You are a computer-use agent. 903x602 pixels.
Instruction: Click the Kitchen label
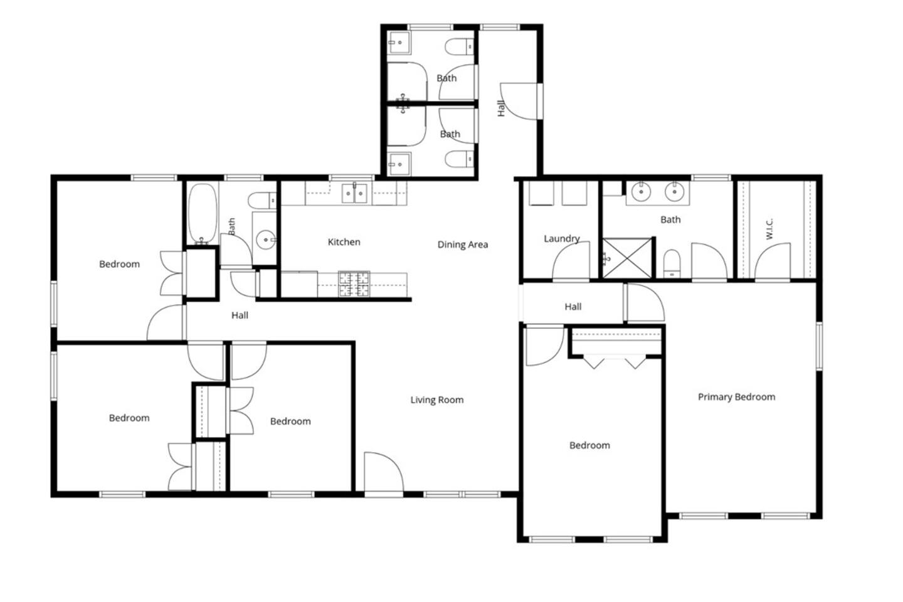(344, 242)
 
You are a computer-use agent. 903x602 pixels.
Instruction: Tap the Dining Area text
(463, 245)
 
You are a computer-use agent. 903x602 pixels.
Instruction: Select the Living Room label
(437, 399)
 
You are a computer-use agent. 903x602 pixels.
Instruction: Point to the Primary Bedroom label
(736, 397)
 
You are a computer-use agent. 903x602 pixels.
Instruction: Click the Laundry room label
(562, 239)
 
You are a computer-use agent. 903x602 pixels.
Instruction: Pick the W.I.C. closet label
(769, 229)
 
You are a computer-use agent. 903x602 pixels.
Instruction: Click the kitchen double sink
(354, 194)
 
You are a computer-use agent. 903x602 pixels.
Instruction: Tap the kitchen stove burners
(354, 284)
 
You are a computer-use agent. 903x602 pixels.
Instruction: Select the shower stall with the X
(627, 258)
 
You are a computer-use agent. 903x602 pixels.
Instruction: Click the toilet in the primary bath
(672, 264)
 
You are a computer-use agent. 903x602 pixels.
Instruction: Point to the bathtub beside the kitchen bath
(203, 214)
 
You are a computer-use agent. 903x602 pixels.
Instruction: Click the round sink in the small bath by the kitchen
(266, 240)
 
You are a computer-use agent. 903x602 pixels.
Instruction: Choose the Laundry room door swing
(571, 260)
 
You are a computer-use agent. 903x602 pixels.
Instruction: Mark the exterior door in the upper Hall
(519, 101)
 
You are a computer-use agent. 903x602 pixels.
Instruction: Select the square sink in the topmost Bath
(399, 43)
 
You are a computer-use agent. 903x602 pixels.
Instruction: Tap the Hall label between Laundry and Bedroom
(573, 307)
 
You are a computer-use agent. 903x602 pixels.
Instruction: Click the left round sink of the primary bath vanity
(641, 192)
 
